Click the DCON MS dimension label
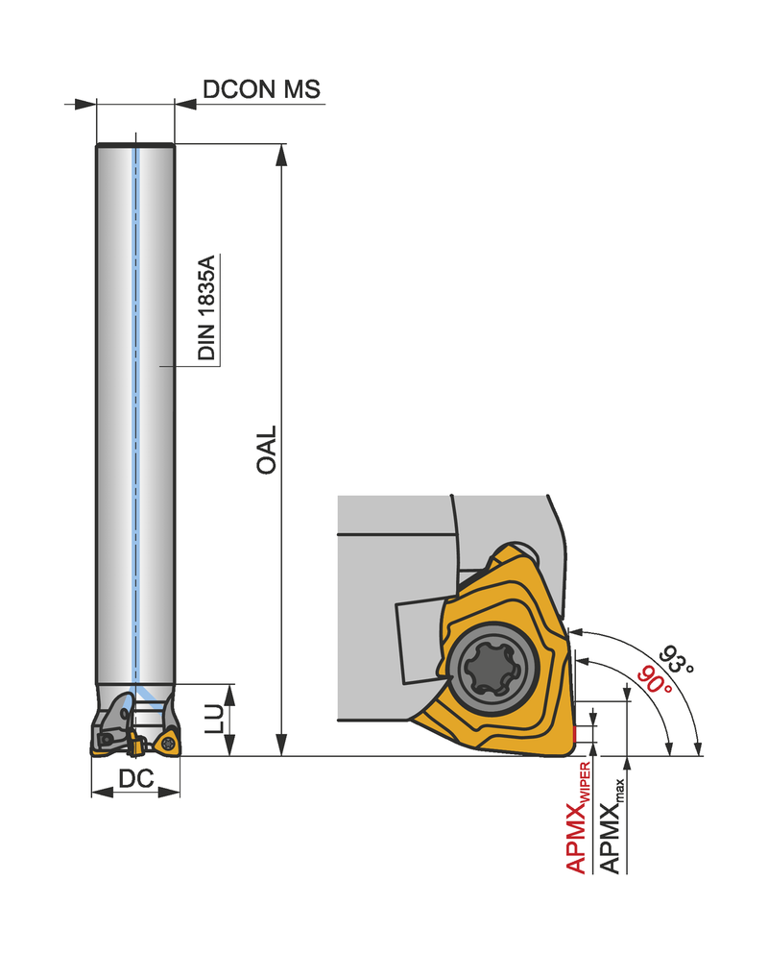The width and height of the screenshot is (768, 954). click(x=261, y=89)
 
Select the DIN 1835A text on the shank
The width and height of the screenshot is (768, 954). click(x=206, y=307)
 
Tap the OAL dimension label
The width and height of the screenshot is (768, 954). click(x=266, y=450)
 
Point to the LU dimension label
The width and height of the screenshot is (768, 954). click(x=214, y=719)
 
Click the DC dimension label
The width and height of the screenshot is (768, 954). click(x=136, y=778)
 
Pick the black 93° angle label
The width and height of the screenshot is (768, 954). click(x=676, y=659)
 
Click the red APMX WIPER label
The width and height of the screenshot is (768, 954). click(x=578, y=818)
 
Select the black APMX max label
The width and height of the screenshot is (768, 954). click(x=612, y=826)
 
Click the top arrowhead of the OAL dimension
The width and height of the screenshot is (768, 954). click(x=281, y=155)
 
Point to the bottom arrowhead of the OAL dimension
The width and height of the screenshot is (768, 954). click(x=281, y=746)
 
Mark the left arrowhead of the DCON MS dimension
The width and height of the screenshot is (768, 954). click(x=85, y=104)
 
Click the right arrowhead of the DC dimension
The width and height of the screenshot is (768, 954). click(x=169, y=792)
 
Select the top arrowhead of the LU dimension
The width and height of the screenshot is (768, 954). click(x=229, y=695)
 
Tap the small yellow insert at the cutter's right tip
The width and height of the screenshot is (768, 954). click(x=167, y=743)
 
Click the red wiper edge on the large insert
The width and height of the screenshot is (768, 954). click(x=573, y=734)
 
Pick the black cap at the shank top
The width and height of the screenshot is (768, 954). click(x=135, y=145)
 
